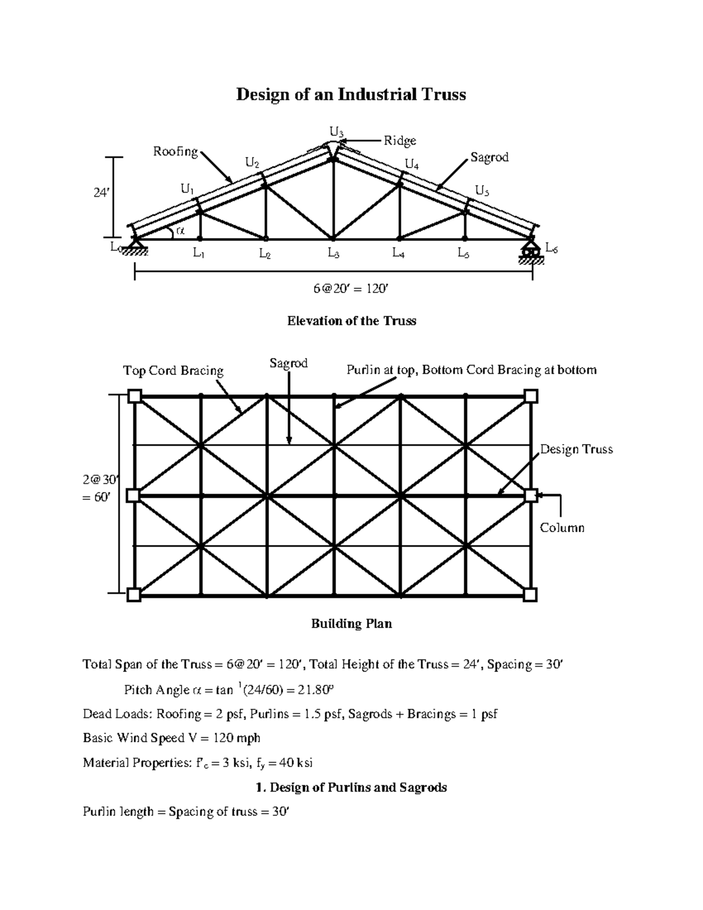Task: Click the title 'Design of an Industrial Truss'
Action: click(351, 94)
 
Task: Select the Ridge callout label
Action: click(400, 141)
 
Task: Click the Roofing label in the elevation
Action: click(175, 151)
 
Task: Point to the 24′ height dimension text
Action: click(102, 192)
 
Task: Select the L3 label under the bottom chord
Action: click(333, 254)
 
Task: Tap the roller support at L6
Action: click(531, 251)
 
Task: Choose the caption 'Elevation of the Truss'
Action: click(351, 321)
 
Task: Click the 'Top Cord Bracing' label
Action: click(173, 370)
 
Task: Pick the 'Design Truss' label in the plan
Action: click(576, 449)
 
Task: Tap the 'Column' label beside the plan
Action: click(562, 527)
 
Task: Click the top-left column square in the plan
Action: click(135, 396)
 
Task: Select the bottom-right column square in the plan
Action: click(530, 595)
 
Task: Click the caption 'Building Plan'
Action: click(351, 623)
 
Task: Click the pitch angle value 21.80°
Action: click(315, 690)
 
